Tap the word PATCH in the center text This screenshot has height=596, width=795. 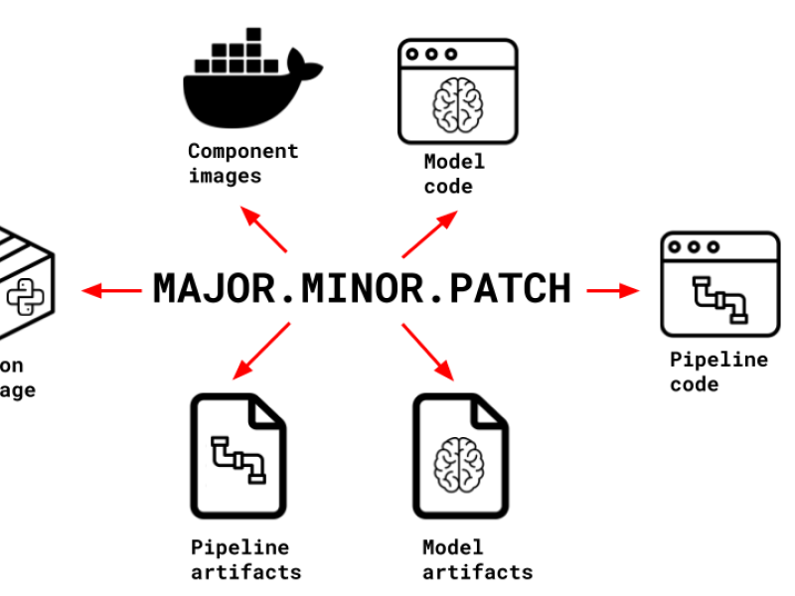point(510,288)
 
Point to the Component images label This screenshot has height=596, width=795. point(242,164)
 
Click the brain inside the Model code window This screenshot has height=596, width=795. point(458,103)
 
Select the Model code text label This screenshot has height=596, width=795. point(454,174)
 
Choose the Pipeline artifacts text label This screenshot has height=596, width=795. point(245,560)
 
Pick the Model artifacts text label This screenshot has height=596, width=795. point(477,560)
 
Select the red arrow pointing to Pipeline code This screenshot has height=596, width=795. point(612,290)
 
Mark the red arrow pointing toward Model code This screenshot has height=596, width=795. point(429,233)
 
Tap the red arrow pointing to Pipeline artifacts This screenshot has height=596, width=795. point(260,351)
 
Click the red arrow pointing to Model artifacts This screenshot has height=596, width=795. point(429,351)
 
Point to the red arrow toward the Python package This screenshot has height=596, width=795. point(111,290)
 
